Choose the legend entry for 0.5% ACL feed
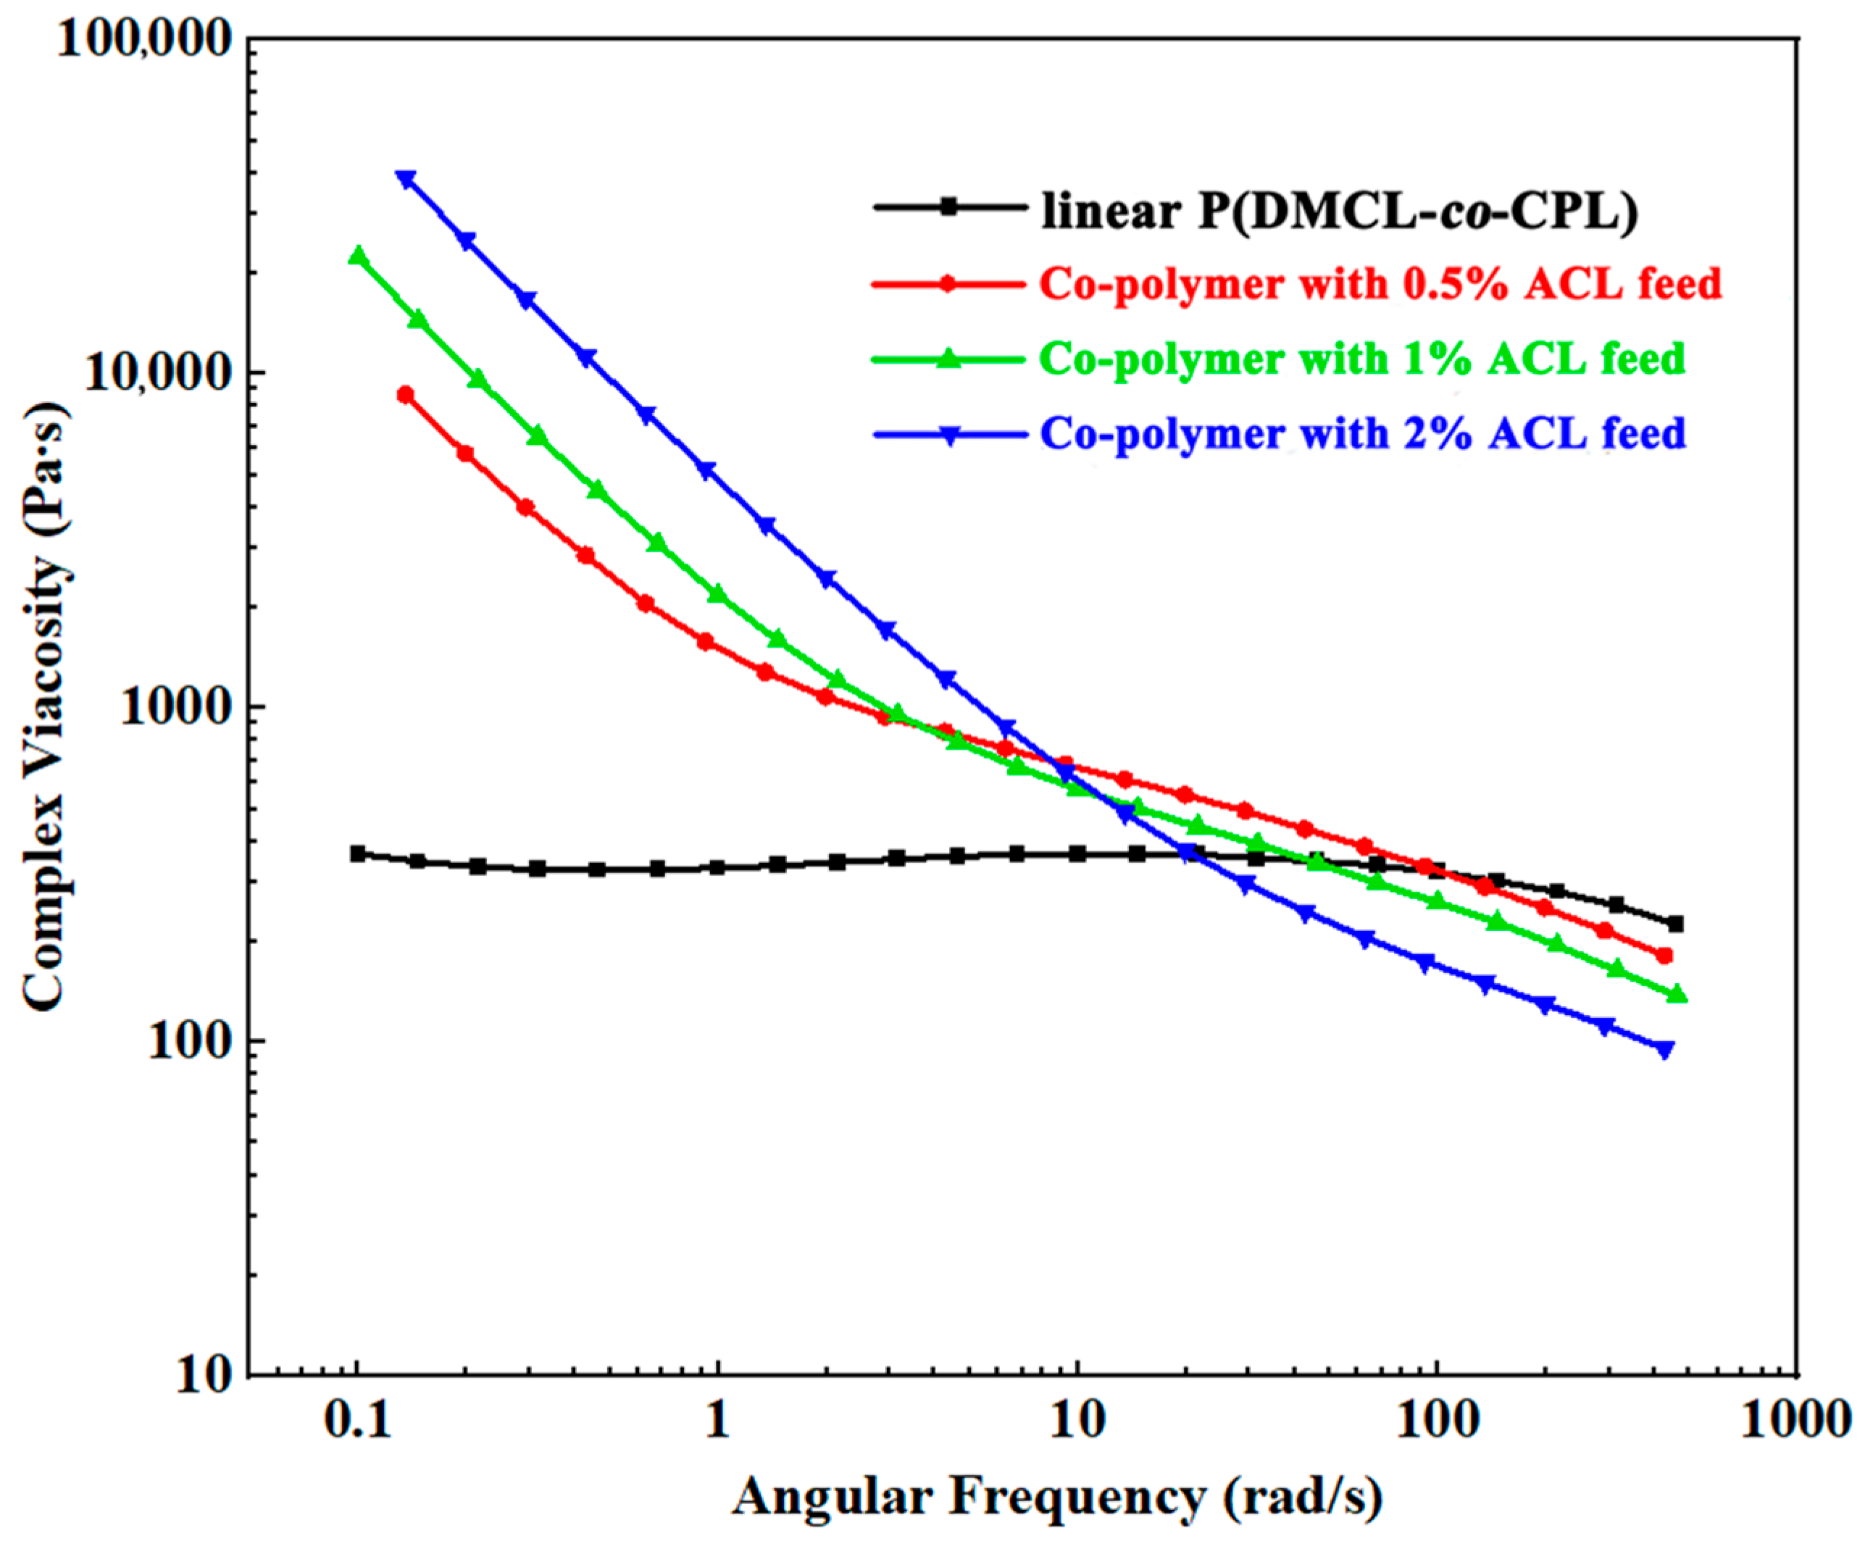point(1380,284)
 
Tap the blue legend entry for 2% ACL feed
point(1362,434)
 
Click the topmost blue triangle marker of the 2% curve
point(406,180)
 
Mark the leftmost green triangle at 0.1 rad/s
point(357,256)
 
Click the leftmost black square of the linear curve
point(358,853)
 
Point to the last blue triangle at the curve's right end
point(1665,1050)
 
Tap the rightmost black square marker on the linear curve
point(1675,924)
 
